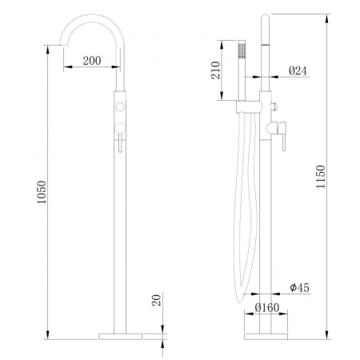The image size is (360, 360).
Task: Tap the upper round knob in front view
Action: click(x=120, y=106)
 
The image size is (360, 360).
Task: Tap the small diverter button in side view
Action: click(x=275, y=104)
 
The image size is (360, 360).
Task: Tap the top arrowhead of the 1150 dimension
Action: click(x=328, y=16)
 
